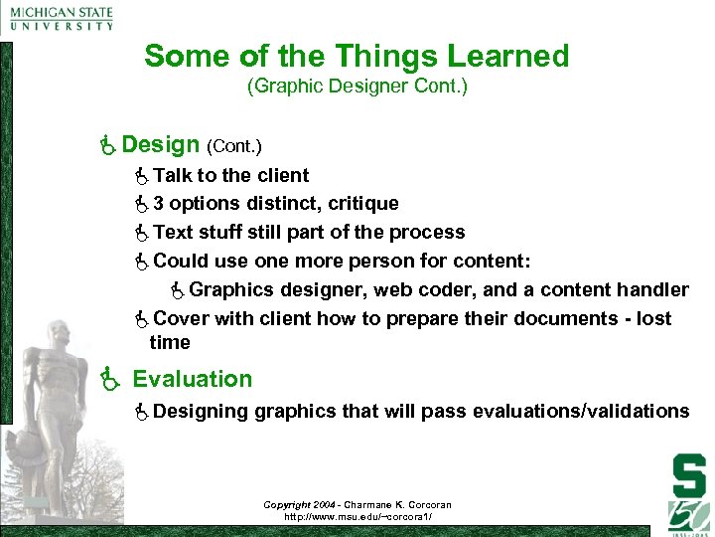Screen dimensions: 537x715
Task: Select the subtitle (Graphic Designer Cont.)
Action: pos(357,87)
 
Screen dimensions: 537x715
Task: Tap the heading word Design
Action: pos(162,145)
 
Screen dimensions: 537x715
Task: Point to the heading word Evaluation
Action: pos(193,379)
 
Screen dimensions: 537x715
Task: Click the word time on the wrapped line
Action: pos(169,343)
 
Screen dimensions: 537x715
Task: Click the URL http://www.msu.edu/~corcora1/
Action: pos(357,517)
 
